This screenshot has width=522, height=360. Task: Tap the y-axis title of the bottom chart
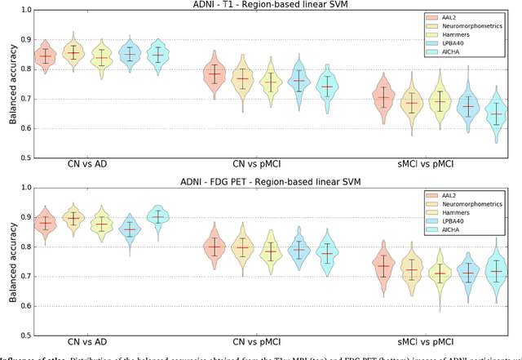tap(10, 260)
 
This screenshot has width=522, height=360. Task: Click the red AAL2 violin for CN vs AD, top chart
tap(46, 56)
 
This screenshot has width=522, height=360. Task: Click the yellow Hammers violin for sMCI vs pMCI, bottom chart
tap(441, 274)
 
